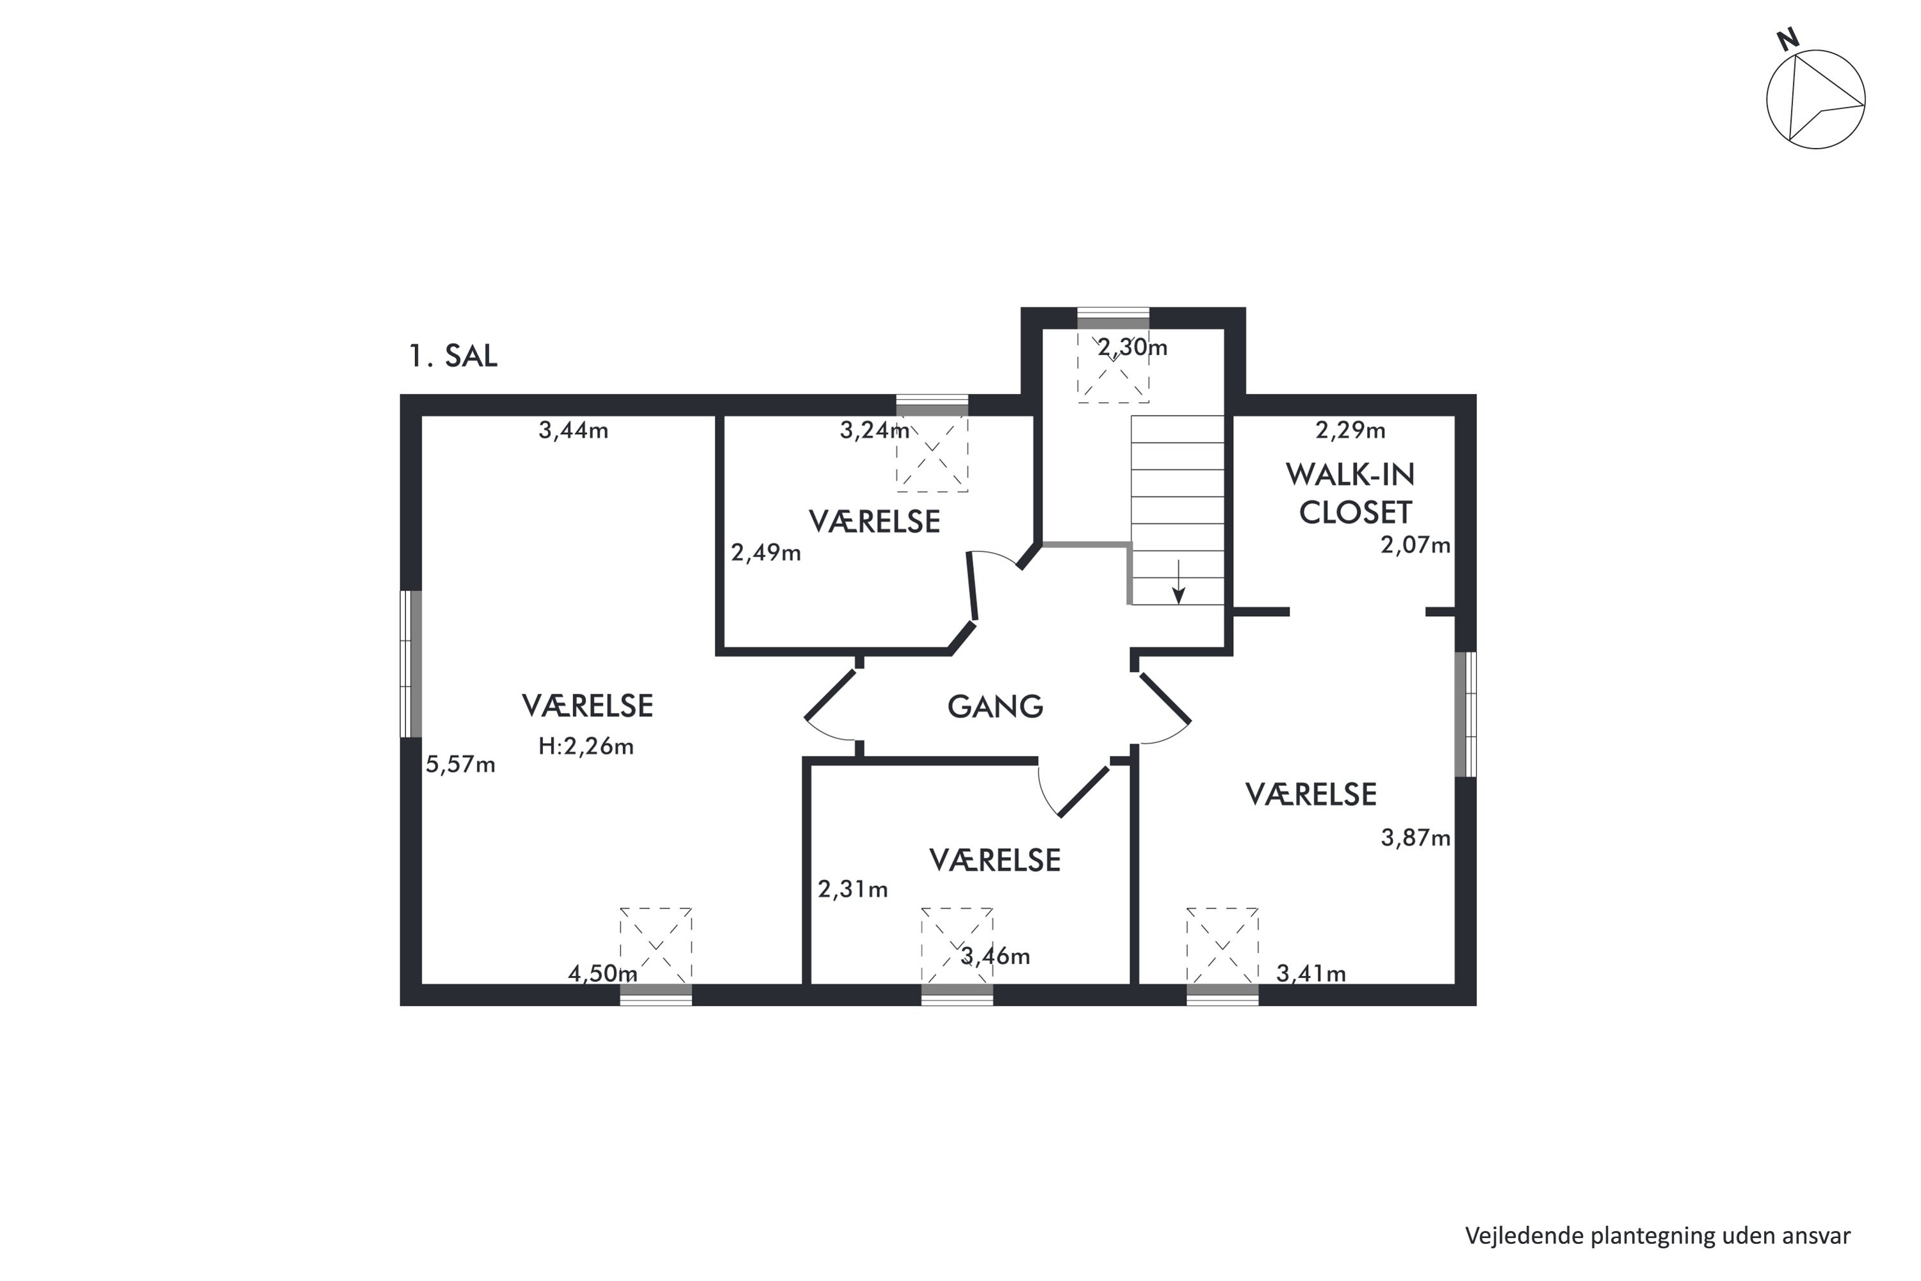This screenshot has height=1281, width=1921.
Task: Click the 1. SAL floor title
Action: (x=453, y=356)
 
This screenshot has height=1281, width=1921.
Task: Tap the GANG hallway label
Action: (x=995, y=706)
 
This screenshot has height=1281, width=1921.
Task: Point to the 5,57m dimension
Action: (x=460, y=765)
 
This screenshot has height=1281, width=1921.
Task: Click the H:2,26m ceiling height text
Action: (x=586, y=746)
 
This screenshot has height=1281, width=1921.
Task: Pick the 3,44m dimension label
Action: (x=573, y=430)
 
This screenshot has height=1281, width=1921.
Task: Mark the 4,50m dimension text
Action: (x=603, y=974)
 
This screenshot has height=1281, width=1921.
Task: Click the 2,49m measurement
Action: (x=765, y=554)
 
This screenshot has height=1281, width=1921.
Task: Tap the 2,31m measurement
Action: (x=853, y=889)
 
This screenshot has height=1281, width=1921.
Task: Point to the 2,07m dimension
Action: (x=1415, y=545)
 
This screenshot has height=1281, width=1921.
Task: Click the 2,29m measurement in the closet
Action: (x=1350, y=430)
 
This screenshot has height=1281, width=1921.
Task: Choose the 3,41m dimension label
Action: (x=1311, y=974)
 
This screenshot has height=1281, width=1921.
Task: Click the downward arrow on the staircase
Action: (x=1178, y=582)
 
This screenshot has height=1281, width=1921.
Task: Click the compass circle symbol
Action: (x=1815, y=100)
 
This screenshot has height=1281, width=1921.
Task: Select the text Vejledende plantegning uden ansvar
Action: (x=1657, y=1236)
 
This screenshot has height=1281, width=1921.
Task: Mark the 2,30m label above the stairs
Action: (x=1132, y=348)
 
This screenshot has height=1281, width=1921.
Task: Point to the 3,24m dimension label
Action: (x=875, y=430)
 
